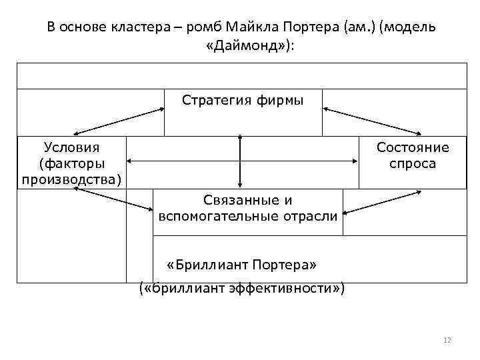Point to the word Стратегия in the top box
point(214,100)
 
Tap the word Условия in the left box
point(71,147)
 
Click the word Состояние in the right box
point(413,147)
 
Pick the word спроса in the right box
point(413,163)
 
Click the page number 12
point(447,341)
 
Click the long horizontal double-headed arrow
point(240,161)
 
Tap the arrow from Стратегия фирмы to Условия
point(119,123)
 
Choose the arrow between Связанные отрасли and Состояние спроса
point(382,202)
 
